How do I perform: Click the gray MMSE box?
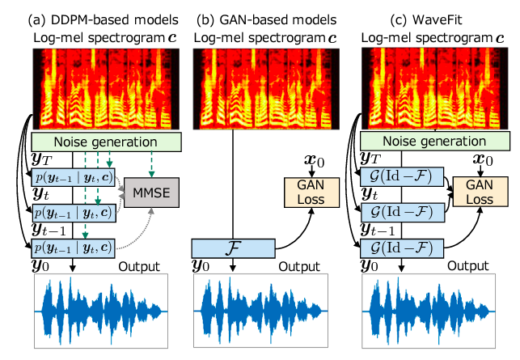pyautogui.click(x=153, y=193)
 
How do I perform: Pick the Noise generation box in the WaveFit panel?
pyautogui.click(x=436, y=143)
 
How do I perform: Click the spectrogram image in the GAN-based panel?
pyautogui.click(x=256, y=87)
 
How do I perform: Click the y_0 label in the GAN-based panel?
pyautogui.click(x=204, y=266)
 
